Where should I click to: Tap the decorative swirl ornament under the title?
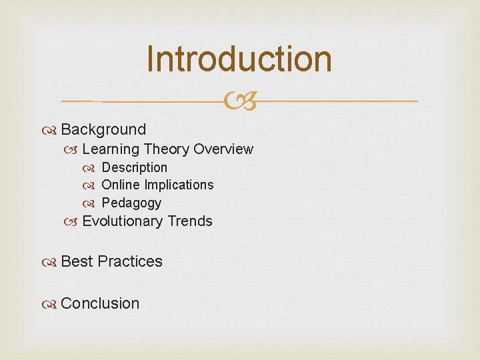(x=240, y=101)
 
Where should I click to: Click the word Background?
(x=103, y=129)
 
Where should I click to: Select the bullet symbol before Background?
(x=53, y=130)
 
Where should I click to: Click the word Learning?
(x=111, y=149)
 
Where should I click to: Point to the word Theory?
(x=167, y=149)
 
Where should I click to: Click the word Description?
(x=134, y=167)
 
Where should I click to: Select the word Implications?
(x=179, y=185)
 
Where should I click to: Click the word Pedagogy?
(x=131, y=203)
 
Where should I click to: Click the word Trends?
(x=190, y=221)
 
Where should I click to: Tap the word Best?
(x=77, y=261)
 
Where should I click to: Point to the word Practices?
(x=130, y=261)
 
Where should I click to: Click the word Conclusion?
(x=100, y=303)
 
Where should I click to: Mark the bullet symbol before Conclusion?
(x=53, y=304)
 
